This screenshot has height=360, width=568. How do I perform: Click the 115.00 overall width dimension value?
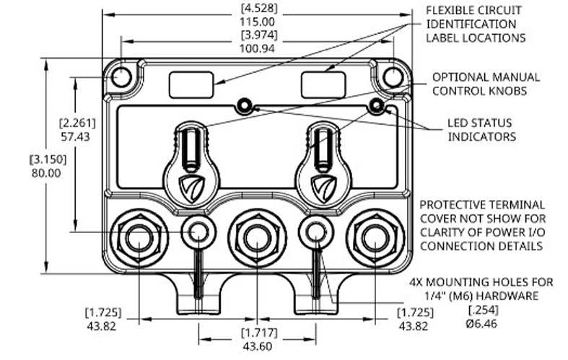tap(257, 22)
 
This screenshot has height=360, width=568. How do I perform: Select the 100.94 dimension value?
tap(257, 48)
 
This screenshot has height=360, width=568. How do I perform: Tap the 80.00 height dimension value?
tap(46, 173)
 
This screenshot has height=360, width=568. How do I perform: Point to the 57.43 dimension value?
tap(75, 137)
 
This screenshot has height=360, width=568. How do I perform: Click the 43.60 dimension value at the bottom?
tap(258, 346)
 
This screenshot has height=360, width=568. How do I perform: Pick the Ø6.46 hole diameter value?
tap(481, 323)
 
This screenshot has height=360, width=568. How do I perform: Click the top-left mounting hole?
tap(121, 77)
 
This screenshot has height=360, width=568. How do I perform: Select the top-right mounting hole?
tap(393, 77)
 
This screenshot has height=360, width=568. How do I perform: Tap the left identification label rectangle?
tap(191, 84)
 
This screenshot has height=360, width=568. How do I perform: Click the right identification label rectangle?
tap(323, 84)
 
